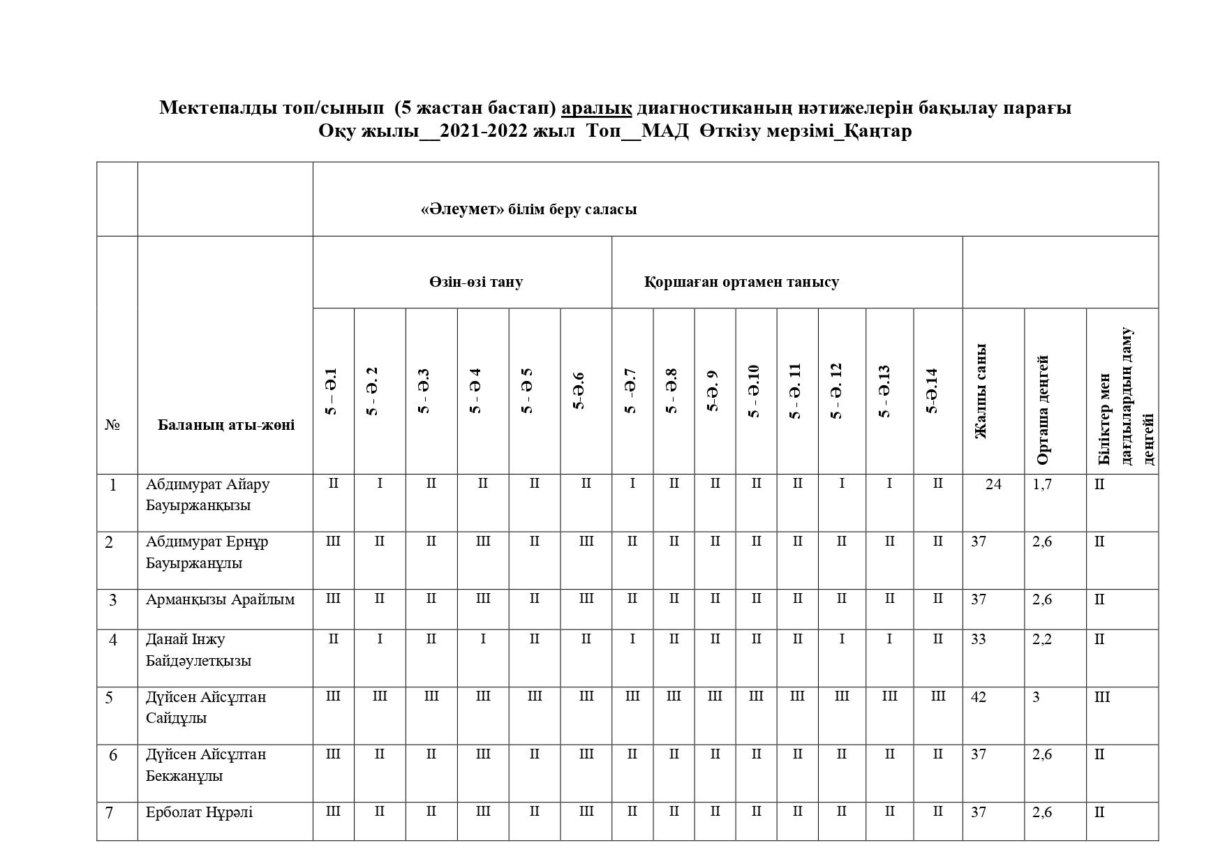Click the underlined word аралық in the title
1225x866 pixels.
pos(596,108)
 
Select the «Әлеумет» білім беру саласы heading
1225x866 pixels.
pos(528,209)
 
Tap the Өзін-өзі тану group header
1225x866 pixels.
pos(475,282)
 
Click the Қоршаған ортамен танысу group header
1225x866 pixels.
pos(741,282)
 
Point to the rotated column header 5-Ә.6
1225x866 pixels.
pos(578,391)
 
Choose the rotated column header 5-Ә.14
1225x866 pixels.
pos(931,391)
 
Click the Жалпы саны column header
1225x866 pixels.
pos(981,391)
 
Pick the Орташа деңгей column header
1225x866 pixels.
pos(1042,410)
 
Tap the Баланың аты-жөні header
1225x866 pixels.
pos(225,425)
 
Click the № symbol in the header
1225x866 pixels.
pos(112,425)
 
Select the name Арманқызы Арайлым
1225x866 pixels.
pos(220,599)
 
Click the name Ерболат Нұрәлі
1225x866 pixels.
pos(199,812)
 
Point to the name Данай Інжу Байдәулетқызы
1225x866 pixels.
pos(198,650)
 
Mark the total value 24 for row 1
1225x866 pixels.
pos(993,484)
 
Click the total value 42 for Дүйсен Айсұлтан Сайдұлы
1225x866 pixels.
pos(979,697)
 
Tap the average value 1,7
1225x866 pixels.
pos(1041,484)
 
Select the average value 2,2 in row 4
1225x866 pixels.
pos(1041,639)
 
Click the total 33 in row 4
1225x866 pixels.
pos(979,639)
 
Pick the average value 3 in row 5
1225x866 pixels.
pos(1036,697)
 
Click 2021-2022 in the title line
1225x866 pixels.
pos(483,131)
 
